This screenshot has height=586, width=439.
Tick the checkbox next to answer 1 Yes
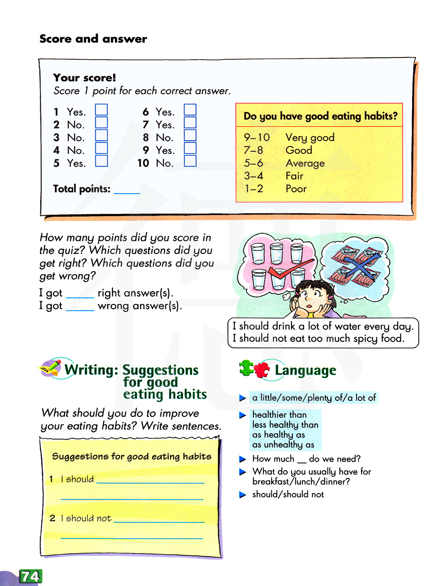tap(101, 110)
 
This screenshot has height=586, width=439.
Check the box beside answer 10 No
tap(190, 161)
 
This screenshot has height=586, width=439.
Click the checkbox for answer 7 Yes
tap(190, 122)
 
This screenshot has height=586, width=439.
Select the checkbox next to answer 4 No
tap(101, 148)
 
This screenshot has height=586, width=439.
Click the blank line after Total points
tap(127, 190)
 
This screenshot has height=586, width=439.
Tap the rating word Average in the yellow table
tap(305, 163)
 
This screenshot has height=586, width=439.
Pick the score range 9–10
tap(257, 137)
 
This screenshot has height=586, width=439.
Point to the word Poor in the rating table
tap(296, 189)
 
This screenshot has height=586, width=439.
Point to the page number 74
tap(30, 576)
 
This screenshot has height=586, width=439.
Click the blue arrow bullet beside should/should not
tap(242, 495)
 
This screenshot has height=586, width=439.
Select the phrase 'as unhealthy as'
tap(283, 445)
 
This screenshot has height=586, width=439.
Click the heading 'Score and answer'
tap(93, 39)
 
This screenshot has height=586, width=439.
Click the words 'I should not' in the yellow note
tap(86, 518)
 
